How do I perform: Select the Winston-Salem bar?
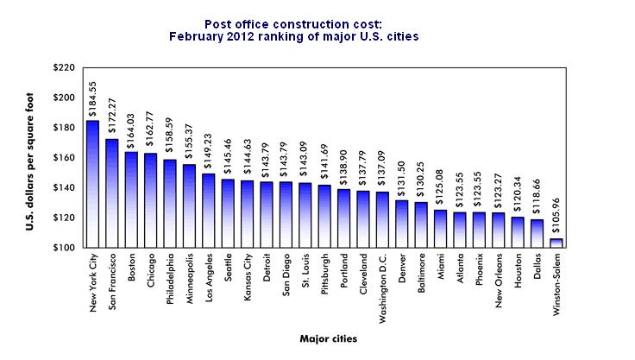pos(556,243)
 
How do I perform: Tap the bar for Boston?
pos(131,199)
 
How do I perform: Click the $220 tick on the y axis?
pos(64,67)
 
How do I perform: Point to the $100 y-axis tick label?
pos(64,248)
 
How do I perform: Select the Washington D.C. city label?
pos(383,284)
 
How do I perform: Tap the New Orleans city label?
pos(500,280)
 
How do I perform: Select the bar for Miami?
pos(440,229)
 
